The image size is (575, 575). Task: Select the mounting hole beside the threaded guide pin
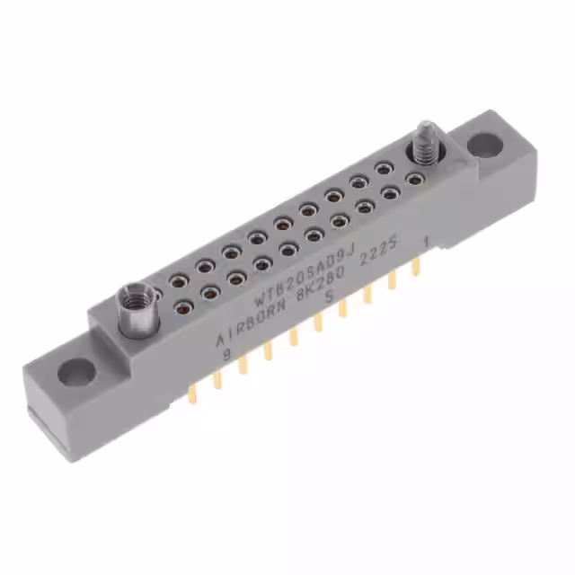(482, 143)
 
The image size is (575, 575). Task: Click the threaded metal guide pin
(421, 145)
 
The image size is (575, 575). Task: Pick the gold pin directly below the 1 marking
(416, 267)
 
